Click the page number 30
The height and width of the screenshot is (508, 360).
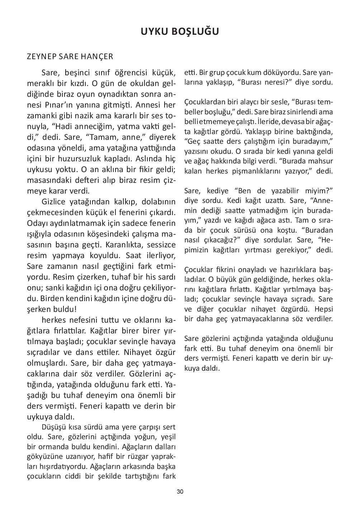(180, 492)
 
